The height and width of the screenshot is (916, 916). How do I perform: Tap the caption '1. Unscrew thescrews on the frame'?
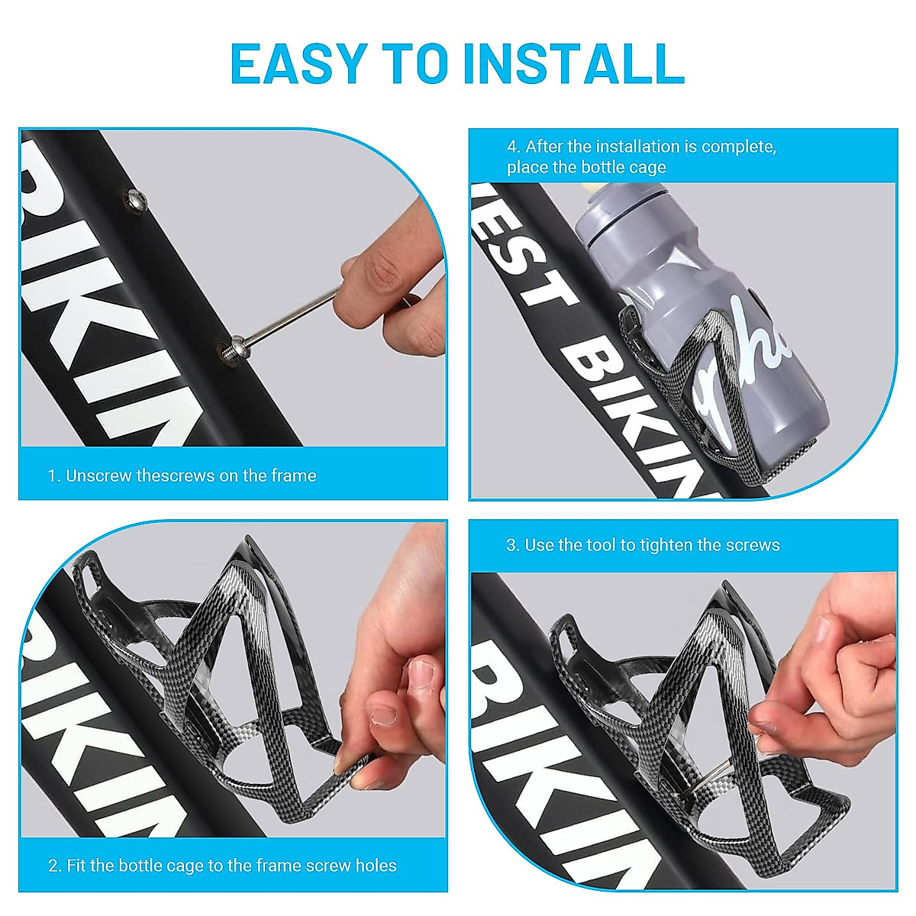coord(182,476)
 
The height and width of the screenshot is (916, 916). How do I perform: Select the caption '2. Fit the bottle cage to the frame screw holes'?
coord(222,866)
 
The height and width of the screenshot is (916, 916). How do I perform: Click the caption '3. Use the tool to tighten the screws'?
coord(643,545)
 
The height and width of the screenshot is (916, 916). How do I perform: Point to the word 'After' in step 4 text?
coord(547,147)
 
